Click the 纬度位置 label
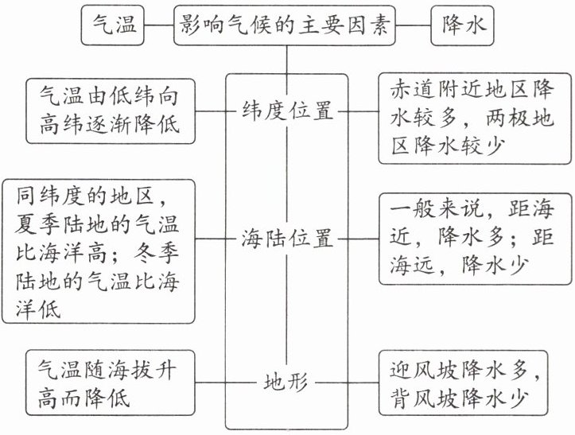tap(286, 111)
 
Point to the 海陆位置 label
tap(286, 238)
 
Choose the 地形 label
tap(286, 383)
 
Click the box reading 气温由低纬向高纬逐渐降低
tap(110, 111)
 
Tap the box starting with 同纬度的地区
tap(99, 250)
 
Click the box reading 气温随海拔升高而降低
tap(110, 383)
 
